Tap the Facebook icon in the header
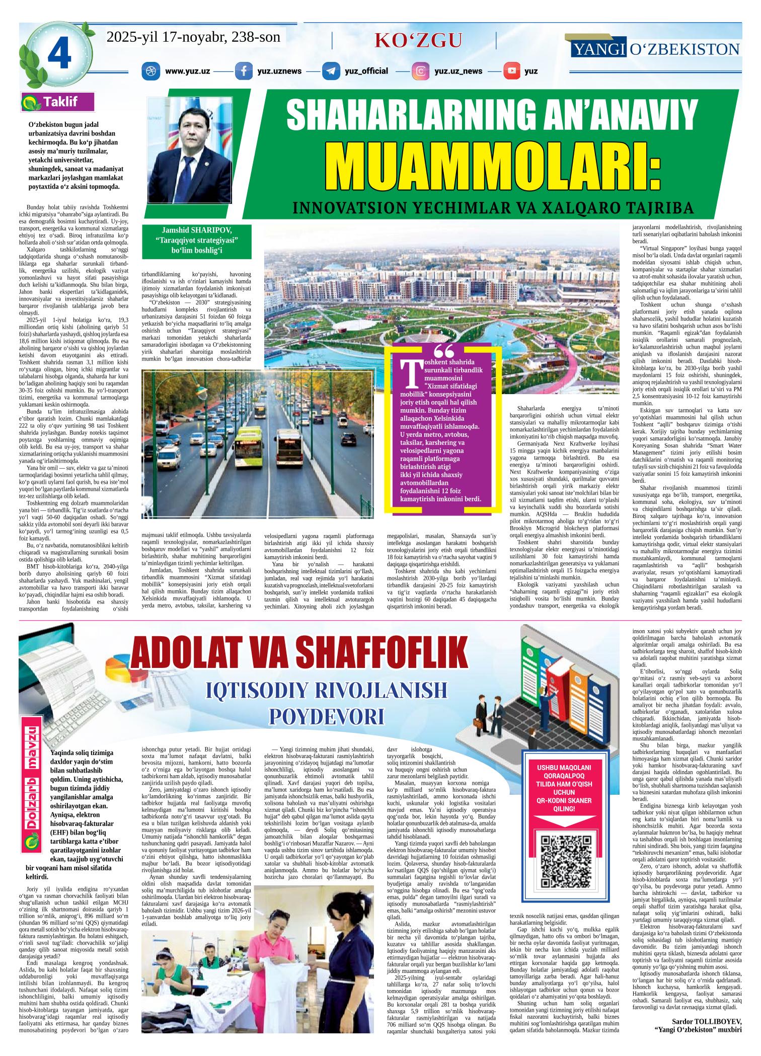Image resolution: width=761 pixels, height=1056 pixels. coord(244,71)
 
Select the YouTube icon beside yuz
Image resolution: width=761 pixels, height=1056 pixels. coord(512,71)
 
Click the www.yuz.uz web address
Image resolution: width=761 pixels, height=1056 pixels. coord(187,71)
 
